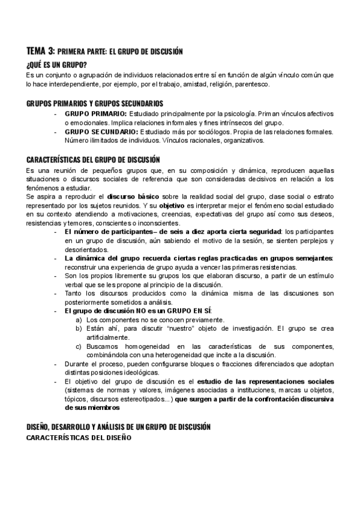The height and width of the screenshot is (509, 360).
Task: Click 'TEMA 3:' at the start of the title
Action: tap(41, 52)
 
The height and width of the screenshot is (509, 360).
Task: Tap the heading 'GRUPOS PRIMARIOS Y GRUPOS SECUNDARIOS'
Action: tap(95, 103)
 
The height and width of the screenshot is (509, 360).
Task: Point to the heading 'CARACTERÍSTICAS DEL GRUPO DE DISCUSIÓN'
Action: tap(93, 160)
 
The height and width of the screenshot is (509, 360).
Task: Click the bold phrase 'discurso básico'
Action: tap(132, 196)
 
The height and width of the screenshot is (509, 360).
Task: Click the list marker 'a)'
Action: tap(79, 320)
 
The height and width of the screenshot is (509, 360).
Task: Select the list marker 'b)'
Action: tap(79, 329)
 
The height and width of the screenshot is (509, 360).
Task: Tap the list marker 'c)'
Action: tap(79, 346)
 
